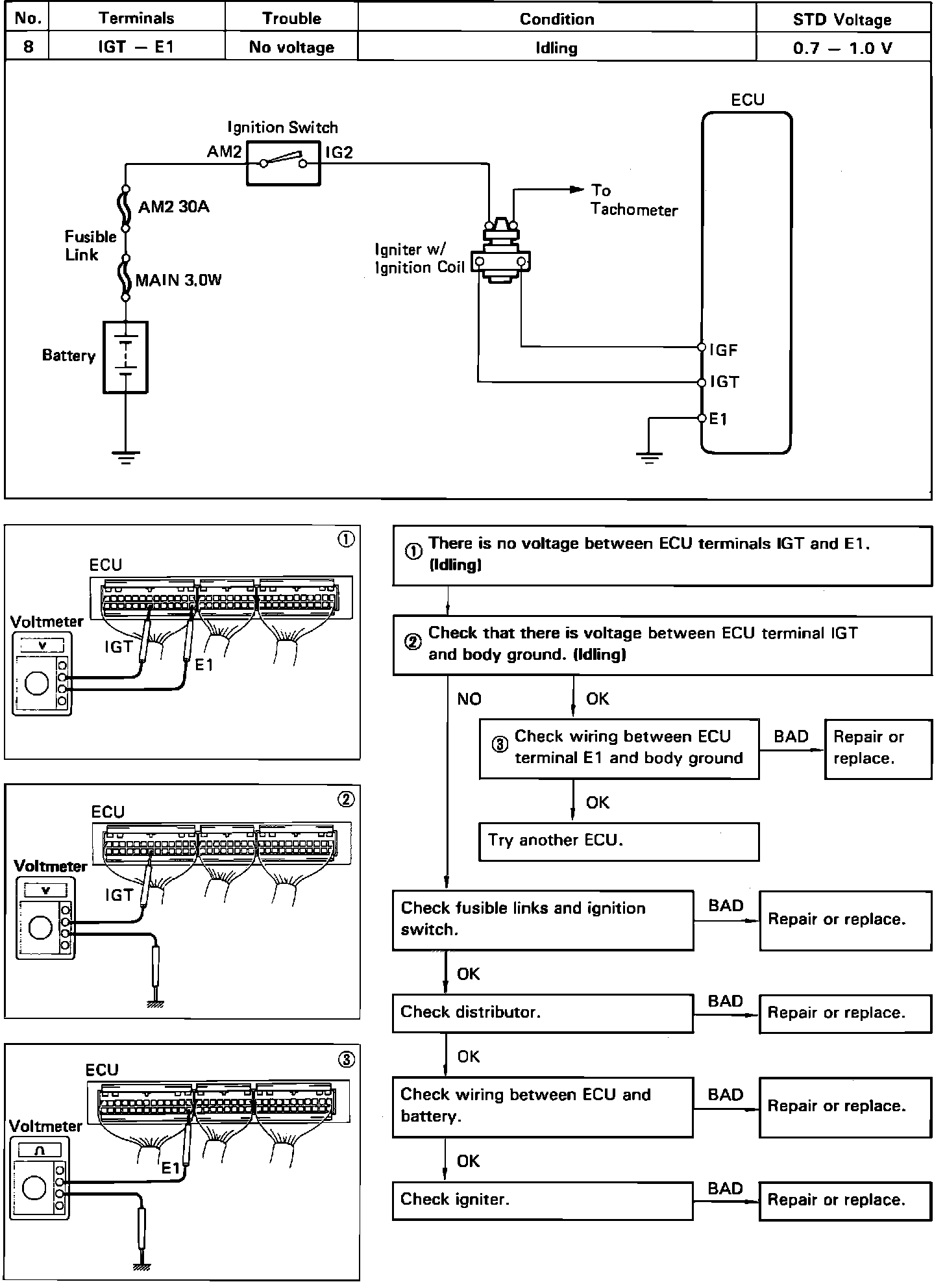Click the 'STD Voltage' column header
click(842, 19)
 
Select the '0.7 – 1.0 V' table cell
click(842, 48)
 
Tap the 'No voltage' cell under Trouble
click(291, 47)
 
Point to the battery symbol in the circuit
click(125, 357)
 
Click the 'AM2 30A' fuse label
click(174, 208)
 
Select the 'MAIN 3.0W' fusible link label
click(178, 281)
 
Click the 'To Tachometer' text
click(633, 200)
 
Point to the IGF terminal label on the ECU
click(724, 351)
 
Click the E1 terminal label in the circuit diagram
click(718, 420)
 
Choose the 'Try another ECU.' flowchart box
click(619, 842)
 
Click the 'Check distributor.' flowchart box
click(543, 1012)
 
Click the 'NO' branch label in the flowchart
click(469, 699)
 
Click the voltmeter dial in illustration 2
click(41, 927)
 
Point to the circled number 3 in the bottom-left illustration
click(347, 1060)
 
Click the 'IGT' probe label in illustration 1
click(118, 647)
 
